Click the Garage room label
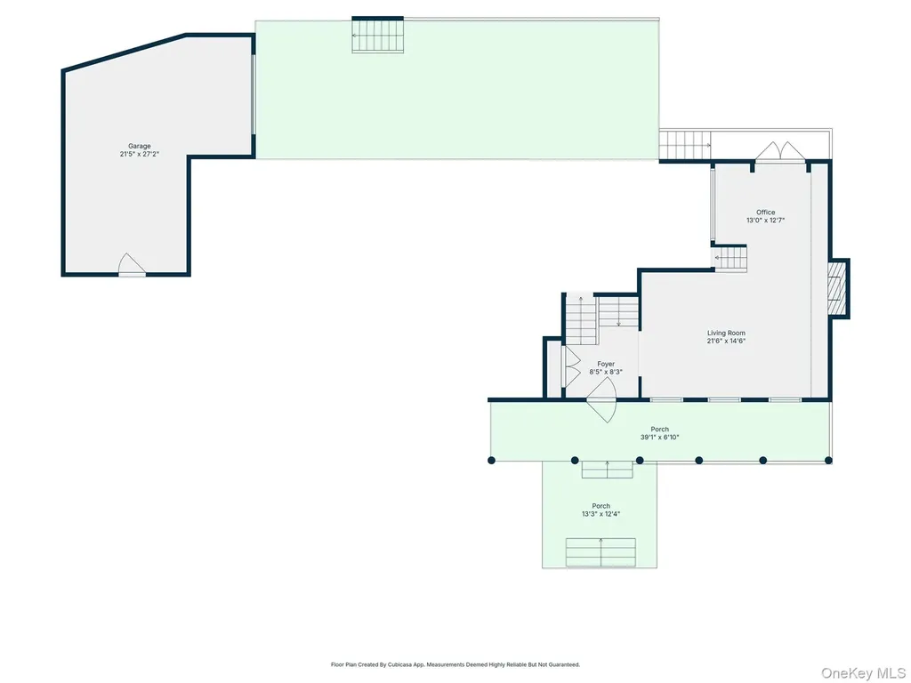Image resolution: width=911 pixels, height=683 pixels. [x=140, y=146]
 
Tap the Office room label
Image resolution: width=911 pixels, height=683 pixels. [x=765, y=212]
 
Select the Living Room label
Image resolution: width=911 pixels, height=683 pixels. [x=726, y=333]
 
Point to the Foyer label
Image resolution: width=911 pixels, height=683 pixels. [x=606, y=364]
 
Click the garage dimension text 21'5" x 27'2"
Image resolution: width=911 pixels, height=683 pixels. [x=140, y=154]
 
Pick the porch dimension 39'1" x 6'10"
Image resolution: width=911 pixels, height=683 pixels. [x=659, y=438]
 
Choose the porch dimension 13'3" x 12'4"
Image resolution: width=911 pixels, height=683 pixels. [x=601, y=514]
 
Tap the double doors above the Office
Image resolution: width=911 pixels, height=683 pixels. [x=780, y=151]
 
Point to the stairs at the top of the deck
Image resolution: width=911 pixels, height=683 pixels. [x=377, y=36]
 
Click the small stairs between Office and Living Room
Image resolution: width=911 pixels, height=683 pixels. [x=730, y=258]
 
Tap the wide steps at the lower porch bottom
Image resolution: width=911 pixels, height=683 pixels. [x=601, y=552]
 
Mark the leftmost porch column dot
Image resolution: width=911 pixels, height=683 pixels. [x=491, y=461]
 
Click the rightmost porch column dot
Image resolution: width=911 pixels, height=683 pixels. [x=828, y=461]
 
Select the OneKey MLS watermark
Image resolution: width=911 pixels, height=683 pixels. [x=863, y=673]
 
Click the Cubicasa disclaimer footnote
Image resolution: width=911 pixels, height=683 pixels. [x=455, y=664]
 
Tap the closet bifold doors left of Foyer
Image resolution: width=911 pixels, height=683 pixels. [x=571, y=366]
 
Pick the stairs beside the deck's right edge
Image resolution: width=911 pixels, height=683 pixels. [x=685, y=145]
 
